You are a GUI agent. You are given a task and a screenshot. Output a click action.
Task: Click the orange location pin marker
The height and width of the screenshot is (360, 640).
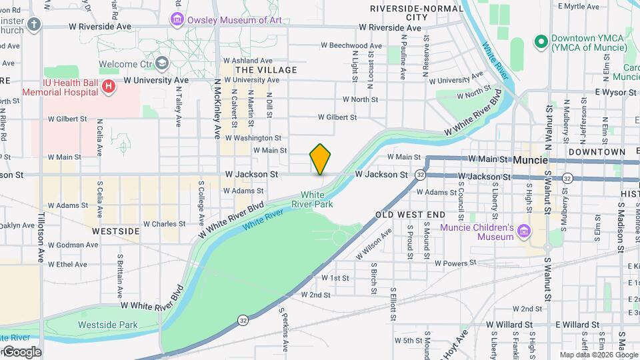[x=320, y=159]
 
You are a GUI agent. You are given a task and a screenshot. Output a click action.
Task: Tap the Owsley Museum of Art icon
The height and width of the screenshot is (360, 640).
[x=177, y=19]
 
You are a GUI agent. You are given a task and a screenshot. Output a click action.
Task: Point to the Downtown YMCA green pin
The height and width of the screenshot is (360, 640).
[x=540, y=41]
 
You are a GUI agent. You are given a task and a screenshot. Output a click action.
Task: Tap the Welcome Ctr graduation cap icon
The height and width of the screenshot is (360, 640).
[x=161, y=63]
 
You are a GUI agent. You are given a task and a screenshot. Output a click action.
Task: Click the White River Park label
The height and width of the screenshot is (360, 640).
[x=321, y=199]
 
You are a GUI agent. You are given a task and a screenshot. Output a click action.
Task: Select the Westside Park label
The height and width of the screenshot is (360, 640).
[x=107, y=325]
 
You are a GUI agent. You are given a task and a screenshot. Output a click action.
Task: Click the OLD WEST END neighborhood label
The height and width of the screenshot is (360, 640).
[x=410, y=215]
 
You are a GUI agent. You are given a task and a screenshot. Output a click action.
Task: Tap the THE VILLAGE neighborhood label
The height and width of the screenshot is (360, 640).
[x=266, y=70]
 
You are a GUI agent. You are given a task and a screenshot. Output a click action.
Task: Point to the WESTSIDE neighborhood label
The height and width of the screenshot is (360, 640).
[x=115, y=231]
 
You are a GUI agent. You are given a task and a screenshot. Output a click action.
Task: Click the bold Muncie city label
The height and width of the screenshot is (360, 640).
[x=531, y=160]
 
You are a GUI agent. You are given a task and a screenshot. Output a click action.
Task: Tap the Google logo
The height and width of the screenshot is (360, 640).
[x=22, y=352]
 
